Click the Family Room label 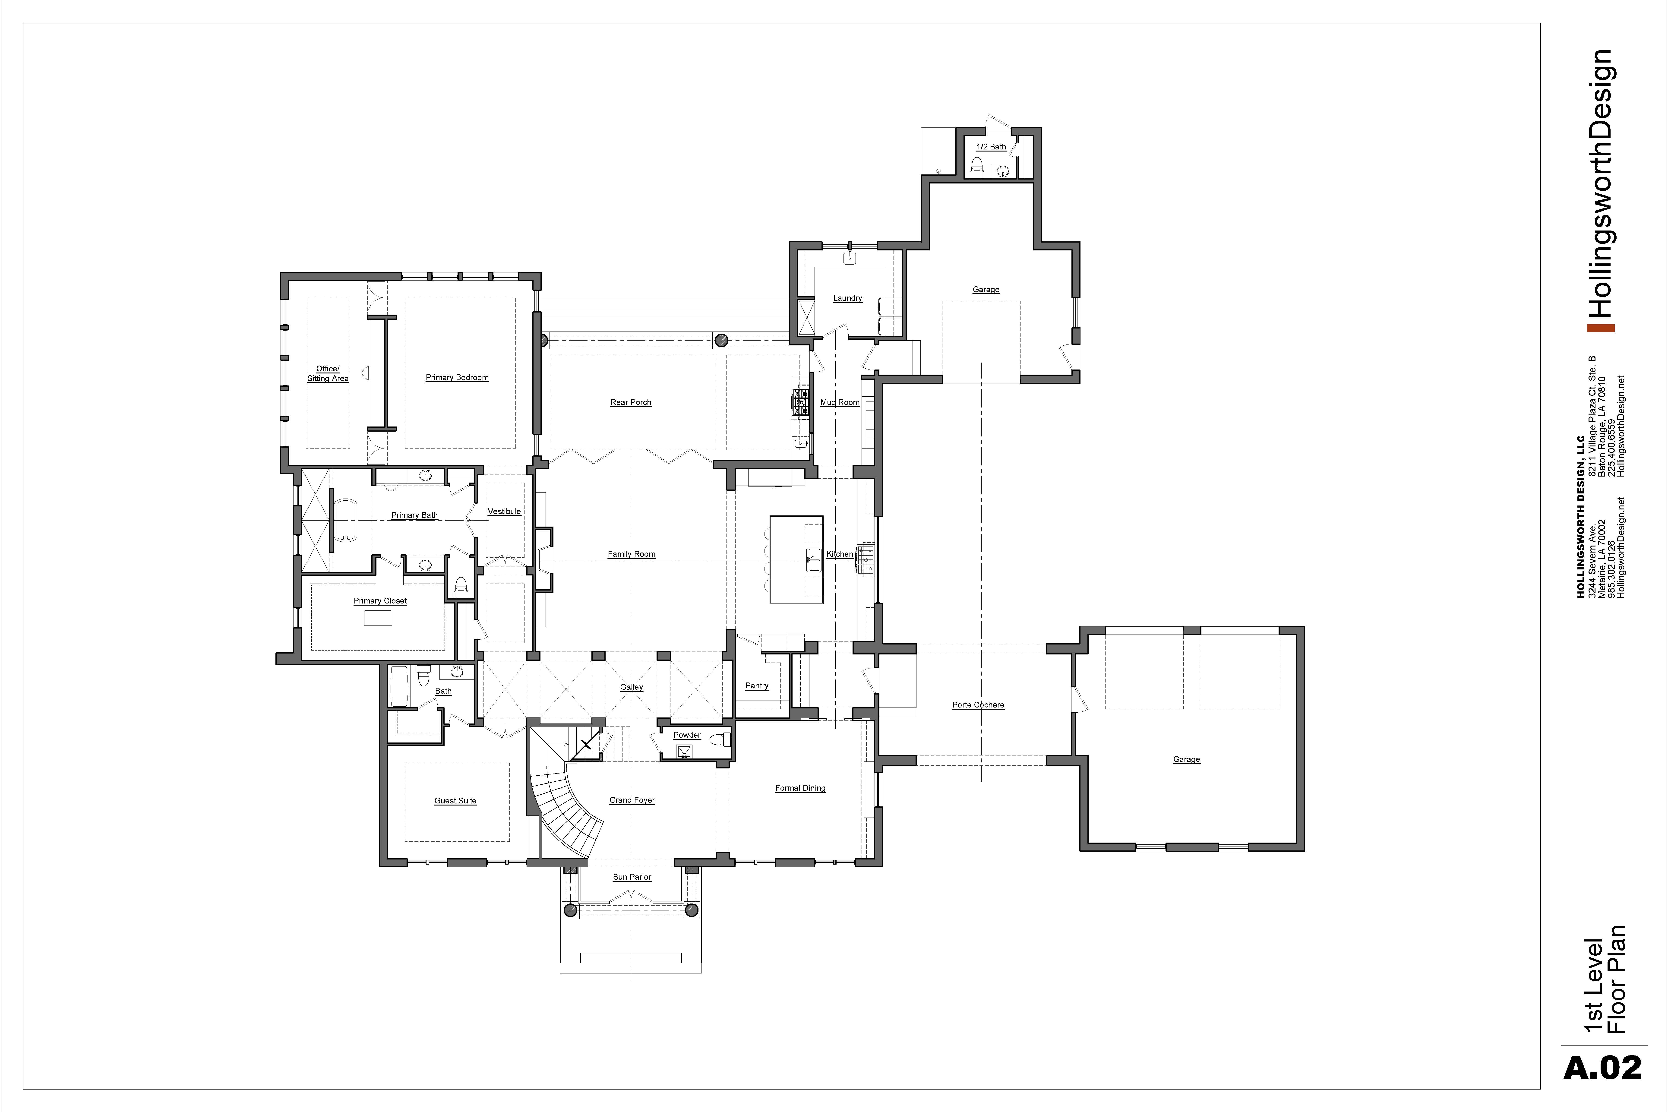[631, 554]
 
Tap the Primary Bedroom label [457, 377]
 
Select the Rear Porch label [630, 402]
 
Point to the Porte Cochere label [978, 705]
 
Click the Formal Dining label [800, 788]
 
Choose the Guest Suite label [455, 801]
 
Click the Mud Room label [840, 402]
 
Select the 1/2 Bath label [992, 147]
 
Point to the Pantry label [757, 686]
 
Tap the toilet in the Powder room [720, 740]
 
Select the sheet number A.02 [1602, 1068]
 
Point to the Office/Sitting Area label [328, 374]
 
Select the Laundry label [847, 298]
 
